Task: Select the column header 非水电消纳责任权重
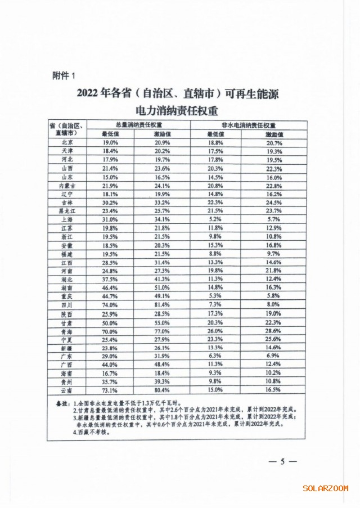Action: pyautogui.click(x=249, y=125)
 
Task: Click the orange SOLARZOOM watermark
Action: pyautogui.click(x=325, y=488)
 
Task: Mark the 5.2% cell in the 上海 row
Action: pyautogui.click(x=215, y=219)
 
